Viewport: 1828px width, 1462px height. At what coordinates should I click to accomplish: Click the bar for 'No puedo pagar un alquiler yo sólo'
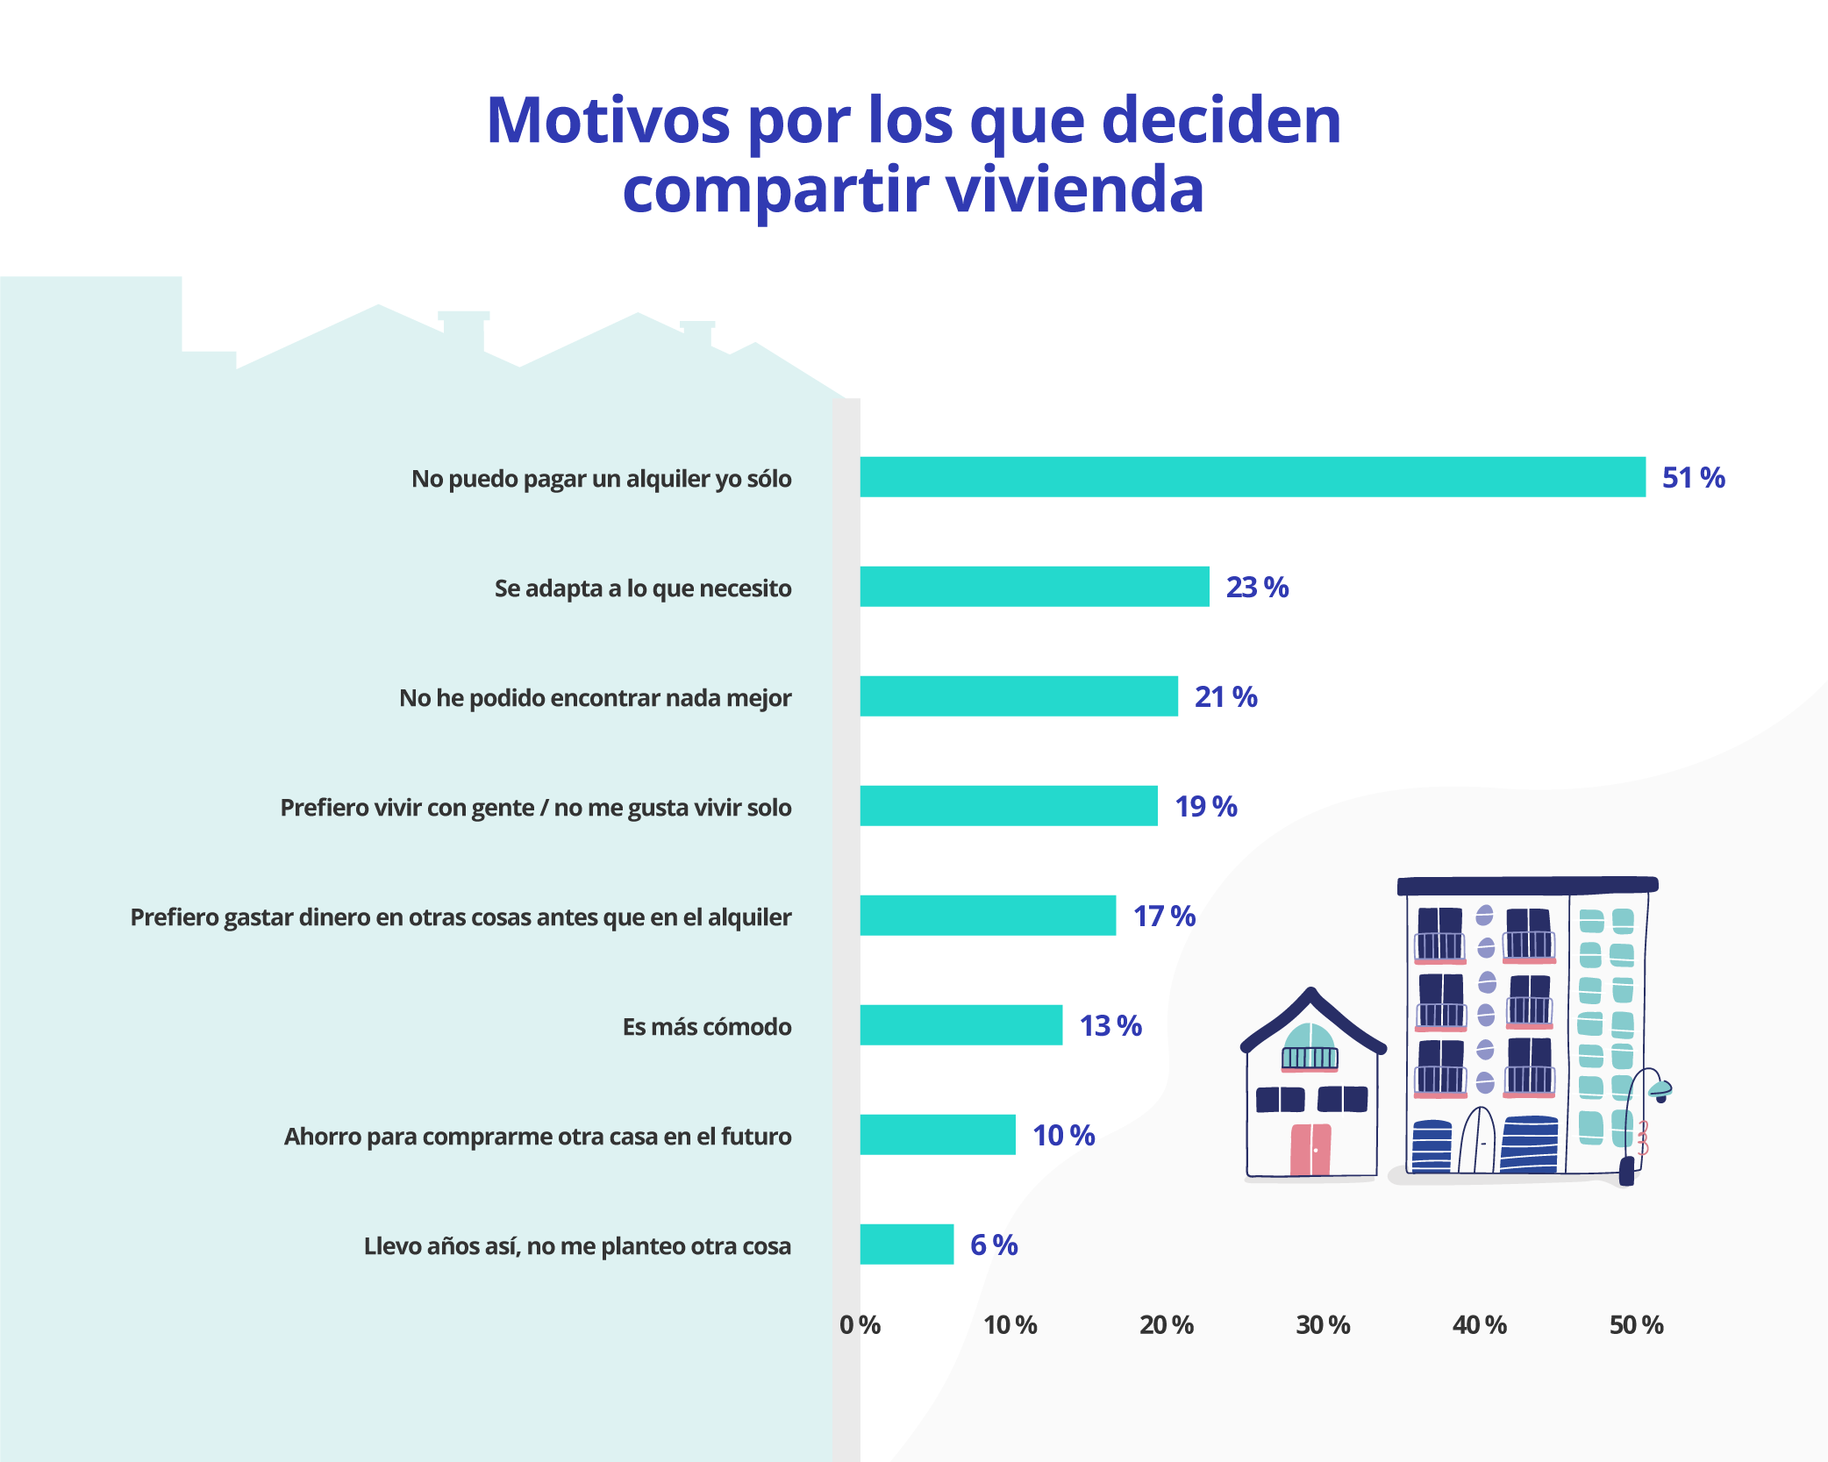[1252, 477]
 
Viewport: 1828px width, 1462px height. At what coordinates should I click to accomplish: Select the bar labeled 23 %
[1034, 587]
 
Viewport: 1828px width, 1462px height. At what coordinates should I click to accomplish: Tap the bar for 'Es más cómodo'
[960, 1025]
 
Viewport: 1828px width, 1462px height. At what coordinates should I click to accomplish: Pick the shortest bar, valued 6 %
[906, 1244]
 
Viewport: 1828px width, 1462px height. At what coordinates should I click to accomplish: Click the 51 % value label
[1693, 478]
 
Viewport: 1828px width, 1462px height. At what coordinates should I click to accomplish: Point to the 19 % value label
[1205, 807]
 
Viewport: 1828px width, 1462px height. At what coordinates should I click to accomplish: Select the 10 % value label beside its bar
[1063, 1136]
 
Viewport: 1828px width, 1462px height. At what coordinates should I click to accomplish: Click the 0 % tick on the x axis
[860, 1325]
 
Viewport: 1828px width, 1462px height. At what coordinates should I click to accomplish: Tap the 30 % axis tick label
[1323, 1325]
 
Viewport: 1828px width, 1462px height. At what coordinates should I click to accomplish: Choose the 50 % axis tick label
[1636, 1325]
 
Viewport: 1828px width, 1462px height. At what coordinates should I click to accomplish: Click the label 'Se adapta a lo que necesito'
[642, 588]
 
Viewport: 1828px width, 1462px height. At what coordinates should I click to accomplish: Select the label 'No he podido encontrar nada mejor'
[595, 698]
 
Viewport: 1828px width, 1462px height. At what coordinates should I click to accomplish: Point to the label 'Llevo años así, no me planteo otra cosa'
[577, 1246]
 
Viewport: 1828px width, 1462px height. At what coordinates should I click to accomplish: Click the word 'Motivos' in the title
[608, 120]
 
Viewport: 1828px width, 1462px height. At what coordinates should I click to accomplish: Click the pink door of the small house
[1310, 1149]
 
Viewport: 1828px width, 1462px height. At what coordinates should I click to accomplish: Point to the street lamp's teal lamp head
[1660, 1089]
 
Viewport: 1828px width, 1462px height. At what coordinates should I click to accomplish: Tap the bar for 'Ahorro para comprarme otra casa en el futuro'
[937, 1135]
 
